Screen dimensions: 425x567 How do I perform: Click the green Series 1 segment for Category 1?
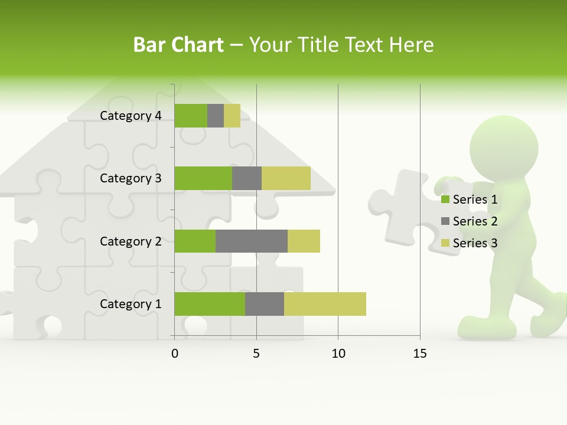pyautogui.click(x=210, y=304)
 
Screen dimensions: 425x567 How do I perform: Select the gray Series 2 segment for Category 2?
pyautogui.click(x=252, y=241)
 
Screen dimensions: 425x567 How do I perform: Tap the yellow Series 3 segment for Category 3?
pyautogui.click(x=286, y=178)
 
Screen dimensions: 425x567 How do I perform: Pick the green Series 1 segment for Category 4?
pyautogui.click(x=191, y=116)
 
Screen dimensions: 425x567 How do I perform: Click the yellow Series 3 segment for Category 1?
pyautogui.click(x=325, y=304)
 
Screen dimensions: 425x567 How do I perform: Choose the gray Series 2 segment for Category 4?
pyautogui.click(x=216, y=116)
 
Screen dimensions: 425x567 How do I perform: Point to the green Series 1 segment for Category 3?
pyautogui.click(x=203, y=178)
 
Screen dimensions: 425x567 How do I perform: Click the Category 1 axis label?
pyautogui.click(x=131, y=304)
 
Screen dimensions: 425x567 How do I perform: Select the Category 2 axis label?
pyautogui.click(x=131, y=241)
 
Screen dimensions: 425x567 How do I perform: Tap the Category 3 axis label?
pyautogui.click(x=131, y=178)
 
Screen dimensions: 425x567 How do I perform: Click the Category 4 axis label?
pyautogui.click(x=131, y=116)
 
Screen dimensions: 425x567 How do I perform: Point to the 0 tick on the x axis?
pyautogui.click(x=175, y=354)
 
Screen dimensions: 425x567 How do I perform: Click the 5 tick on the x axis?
pyautogui.click(x=256, y=354)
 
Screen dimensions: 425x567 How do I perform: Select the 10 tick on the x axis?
pyautogui.click(x=338, y=354)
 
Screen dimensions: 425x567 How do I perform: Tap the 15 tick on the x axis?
pyautogui.click(x=420, y=354)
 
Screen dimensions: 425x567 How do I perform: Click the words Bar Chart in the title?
pyautogui.click(x=178, y=45)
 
